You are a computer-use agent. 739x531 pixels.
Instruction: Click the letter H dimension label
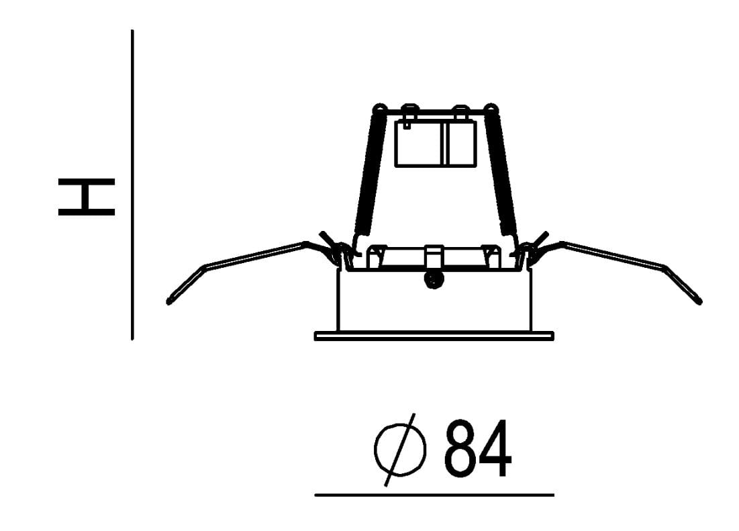(86, 197)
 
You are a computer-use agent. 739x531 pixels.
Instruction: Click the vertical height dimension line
(132, 184)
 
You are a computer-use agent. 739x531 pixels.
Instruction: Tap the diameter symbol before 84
(400, 450)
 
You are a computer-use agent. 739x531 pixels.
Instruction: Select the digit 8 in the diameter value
(460, 448)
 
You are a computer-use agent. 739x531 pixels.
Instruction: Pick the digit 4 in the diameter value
(495, 448)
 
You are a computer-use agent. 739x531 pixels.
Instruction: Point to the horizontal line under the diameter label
(434, 495)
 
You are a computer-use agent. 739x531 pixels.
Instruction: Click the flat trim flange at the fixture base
(434, 336)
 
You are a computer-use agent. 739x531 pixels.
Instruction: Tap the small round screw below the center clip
(434, 279)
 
